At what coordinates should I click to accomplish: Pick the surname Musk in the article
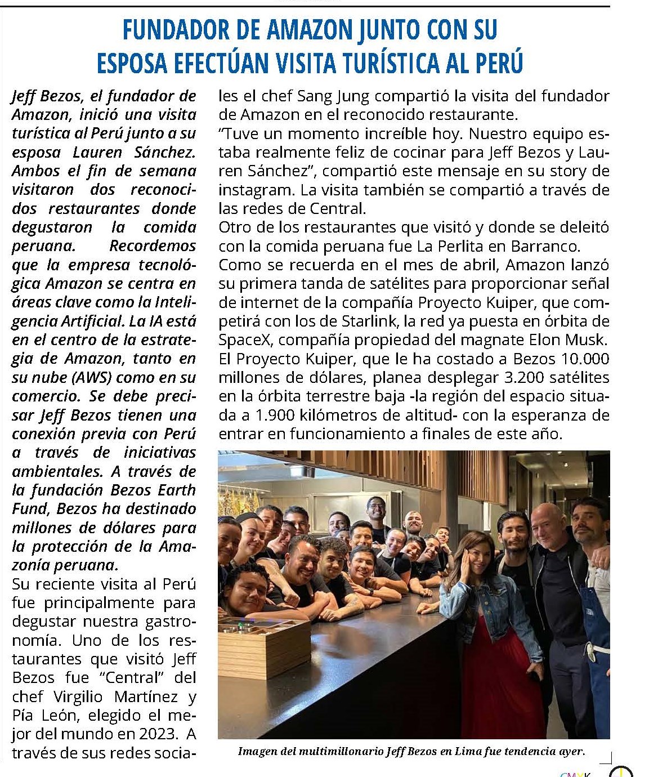pos(589,340)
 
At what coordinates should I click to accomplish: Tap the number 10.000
pos(583,359)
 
